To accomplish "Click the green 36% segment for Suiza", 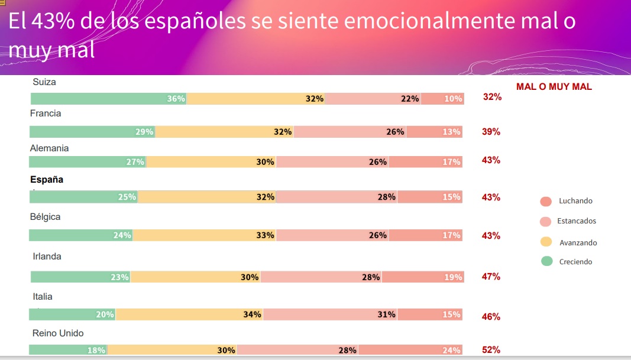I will pyautogui.click(x=108, y=99).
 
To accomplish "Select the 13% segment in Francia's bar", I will pyautogui.click(x=434, y=132).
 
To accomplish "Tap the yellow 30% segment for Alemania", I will pyautogui.click(x=211, y=162).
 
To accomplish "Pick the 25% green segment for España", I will pyautogui.click(x=83, y=197).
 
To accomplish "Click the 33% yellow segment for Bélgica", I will pyautogui.click(x=205, y=235).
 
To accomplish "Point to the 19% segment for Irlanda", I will pyautogui.click(x=423, y=277).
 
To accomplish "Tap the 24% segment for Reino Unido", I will pyautogui.click(x=410, y=350).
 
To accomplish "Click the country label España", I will pyautogui.click(x=47, y=180).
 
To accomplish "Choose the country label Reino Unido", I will pyautogui.click(x=58, y=333).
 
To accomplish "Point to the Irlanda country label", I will pyautogui.click(x=47, y=257).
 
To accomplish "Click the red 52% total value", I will pyautogui.click(x=491, y=350).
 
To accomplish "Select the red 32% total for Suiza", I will pyautogui.click(x=492, y=97).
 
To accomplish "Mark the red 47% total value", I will pyautogui.click(x=491, y=277).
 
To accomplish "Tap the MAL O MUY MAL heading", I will pyautogui.click(x=554, y=87).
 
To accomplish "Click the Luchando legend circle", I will pyautogui.click(x=546, y=202).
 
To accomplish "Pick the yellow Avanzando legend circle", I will pyautogui.click(x=546, y=242).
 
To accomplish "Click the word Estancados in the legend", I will pyautogui.click(x=577, y=221).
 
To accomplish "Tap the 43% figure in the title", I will pyautogui.click(x=53, y=21).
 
